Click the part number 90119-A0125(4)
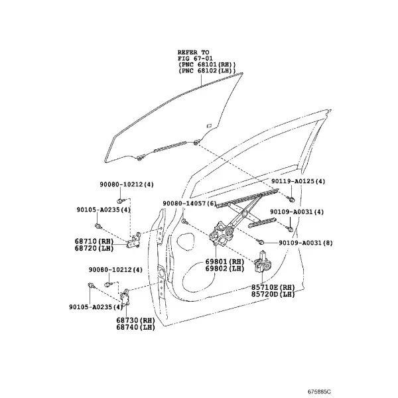point(298,181)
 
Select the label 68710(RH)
point(94,241)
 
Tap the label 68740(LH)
point(135,327)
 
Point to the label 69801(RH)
point(225,261)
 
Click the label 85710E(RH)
point(273,287)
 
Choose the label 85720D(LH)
point(273,294)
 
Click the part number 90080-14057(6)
point(190,204)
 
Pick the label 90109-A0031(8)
point(306,243)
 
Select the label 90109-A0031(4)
point(297,212)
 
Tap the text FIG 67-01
point(195,58)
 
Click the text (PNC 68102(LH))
point(207,71)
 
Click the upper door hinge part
point(134,240)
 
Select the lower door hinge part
point(125,298)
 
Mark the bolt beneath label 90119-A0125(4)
point(291,199)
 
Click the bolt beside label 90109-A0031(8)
point(260,241)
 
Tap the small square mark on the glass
point(210,125)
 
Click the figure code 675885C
point(319,391)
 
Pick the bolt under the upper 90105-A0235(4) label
point(98,226)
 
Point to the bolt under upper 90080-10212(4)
point(119,200)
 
